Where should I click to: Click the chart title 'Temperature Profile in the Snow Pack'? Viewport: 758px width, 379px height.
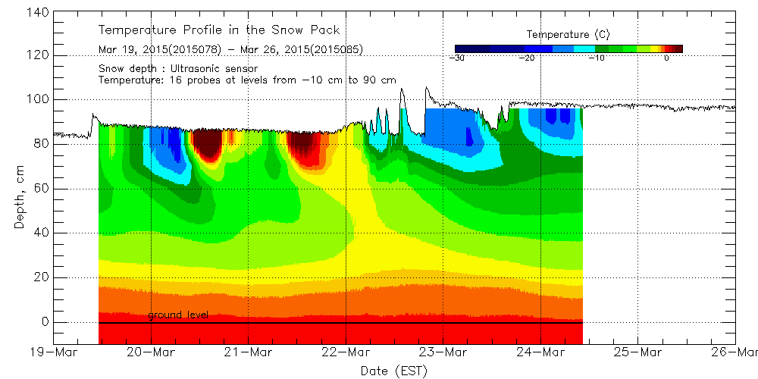[219, 30]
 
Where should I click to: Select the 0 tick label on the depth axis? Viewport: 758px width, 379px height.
[45, 322]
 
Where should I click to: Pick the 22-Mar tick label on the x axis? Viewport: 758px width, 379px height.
[346, 352]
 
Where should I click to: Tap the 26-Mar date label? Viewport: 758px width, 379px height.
[735, 352]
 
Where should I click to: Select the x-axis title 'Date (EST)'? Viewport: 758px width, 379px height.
[394, 370]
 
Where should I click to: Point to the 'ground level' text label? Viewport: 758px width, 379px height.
[178, 315]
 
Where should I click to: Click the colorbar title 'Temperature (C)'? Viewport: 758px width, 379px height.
[568, 35]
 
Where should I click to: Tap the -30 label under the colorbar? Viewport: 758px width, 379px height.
[456, 58]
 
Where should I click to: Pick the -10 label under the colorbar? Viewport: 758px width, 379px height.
[598, 58]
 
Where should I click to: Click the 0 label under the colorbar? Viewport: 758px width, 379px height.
[666, 58]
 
